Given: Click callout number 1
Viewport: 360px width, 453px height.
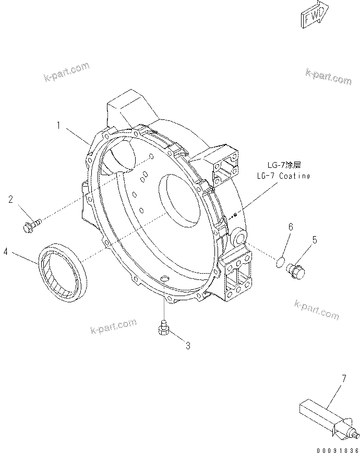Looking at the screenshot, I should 61,125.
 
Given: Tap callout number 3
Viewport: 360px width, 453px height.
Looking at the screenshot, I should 188,345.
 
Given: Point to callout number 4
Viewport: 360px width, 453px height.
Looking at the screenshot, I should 6,252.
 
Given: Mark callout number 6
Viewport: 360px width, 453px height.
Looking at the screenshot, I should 291,227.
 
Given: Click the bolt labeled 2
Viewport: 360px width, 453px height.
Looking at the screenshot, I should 32,225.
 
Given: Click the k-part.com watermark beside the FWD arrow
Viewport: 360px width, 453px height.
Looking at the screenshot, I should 329,77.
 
